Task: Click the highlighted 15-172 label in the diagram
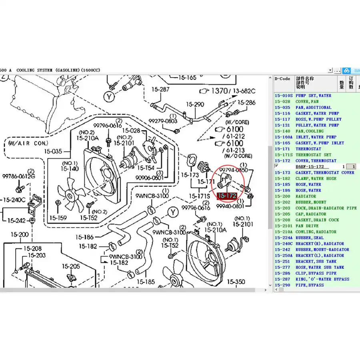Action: pyautogui.click(x=227, y=196)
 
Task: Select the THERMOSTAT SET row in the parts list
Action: pyautogui.click(x=313, y=155)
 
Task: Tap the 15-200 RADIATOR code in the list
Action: pyautogui.click(x=282, y=196)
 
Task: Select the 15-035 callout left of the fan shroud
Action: pyautogui.click(x=53, y=152)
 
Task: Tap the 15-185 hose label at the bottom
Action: pyautogui.click(x=145, y=282)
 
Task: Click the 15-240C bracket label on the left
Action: pyautogui.click(x=14, y=200)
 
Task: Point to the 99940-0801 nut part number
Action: pyautogui.click(x=230, y=206)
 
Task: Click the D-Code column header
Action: pyautogui.click(x=282, y=79)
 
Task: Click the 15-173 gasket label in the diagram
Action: pyautogui.click(x=189, y=175)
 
